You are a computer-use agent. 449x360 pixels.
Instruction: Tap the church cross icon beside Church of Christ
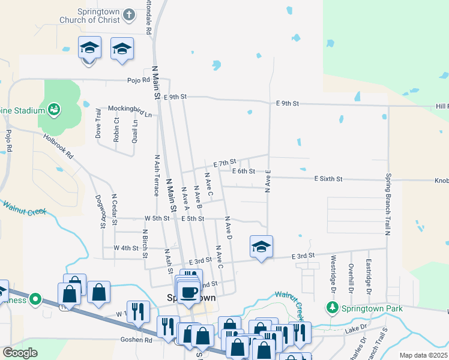[x=129, y=15]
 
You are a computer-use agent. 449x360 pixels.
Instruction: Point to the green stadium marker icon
[x=54, y=109]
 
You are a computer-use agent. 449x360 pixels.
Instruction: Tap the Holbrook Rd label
[x=58, y=146]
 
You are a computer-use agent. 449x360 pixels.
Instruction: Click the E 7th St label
[x=225, y=163]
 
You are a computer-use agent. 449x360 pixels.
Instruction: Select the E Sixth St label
[x=328, y=179]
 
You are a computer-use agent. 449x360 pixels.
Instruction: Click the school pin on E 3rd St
[x=262, y=247]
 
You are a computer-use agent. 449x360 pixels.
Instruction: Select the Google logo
[x=20, y=353]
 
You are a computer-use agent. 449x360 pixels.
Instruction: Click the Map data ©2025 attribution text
[x=423, y=355]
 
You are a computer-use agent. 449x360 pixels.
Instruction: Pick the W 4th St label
[x=126, y=247]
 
